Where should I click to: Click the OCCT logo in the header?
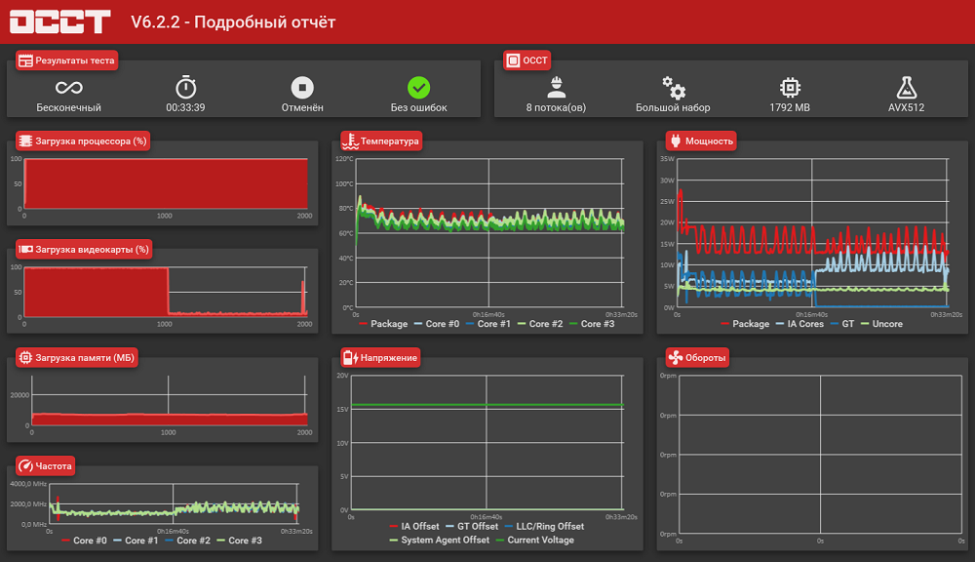click(x=59, y=21)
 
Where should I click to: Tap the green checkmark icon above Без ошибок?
click(x=418, y=88)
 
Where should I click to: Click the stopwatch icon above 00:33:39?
click(x=185, y=87)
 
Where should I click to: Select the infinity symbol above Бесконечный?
click(x=68, y=88)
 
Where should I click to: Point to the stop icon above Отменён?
click(x=302, y=88)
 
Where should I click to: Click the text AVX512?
click(x=906, y=107)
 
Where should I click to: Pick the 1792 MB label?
click(x=790, y=107)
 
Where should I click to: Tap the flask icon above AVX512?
click(x=906, y=88)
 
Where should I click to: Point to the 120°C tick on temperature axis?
click(x=344, y=159)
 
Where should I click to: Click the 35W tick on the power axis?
click(x=667, y=159)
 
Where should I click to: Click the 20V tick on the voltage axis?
click(x=342, y=376)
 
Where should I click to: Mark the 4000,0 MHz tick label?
click(x=28, y=484)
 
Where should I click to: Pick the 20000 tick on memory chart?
click(x=19, y=394)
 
